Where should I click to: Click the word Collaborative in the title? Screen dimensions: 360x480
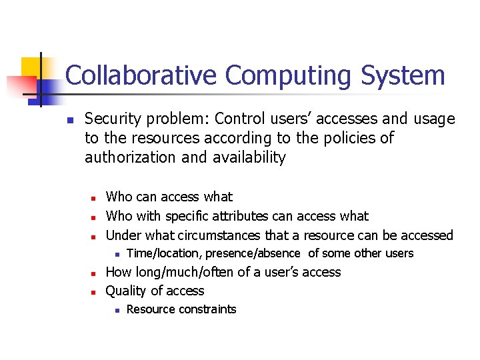(141, 75)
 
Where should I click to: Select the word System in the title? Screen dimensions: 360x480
(403, 75)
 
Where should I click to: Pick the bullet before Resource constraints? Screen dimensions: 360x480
(115, 310)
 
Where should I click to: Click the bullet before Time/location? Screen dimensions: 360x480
(115, 254)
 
